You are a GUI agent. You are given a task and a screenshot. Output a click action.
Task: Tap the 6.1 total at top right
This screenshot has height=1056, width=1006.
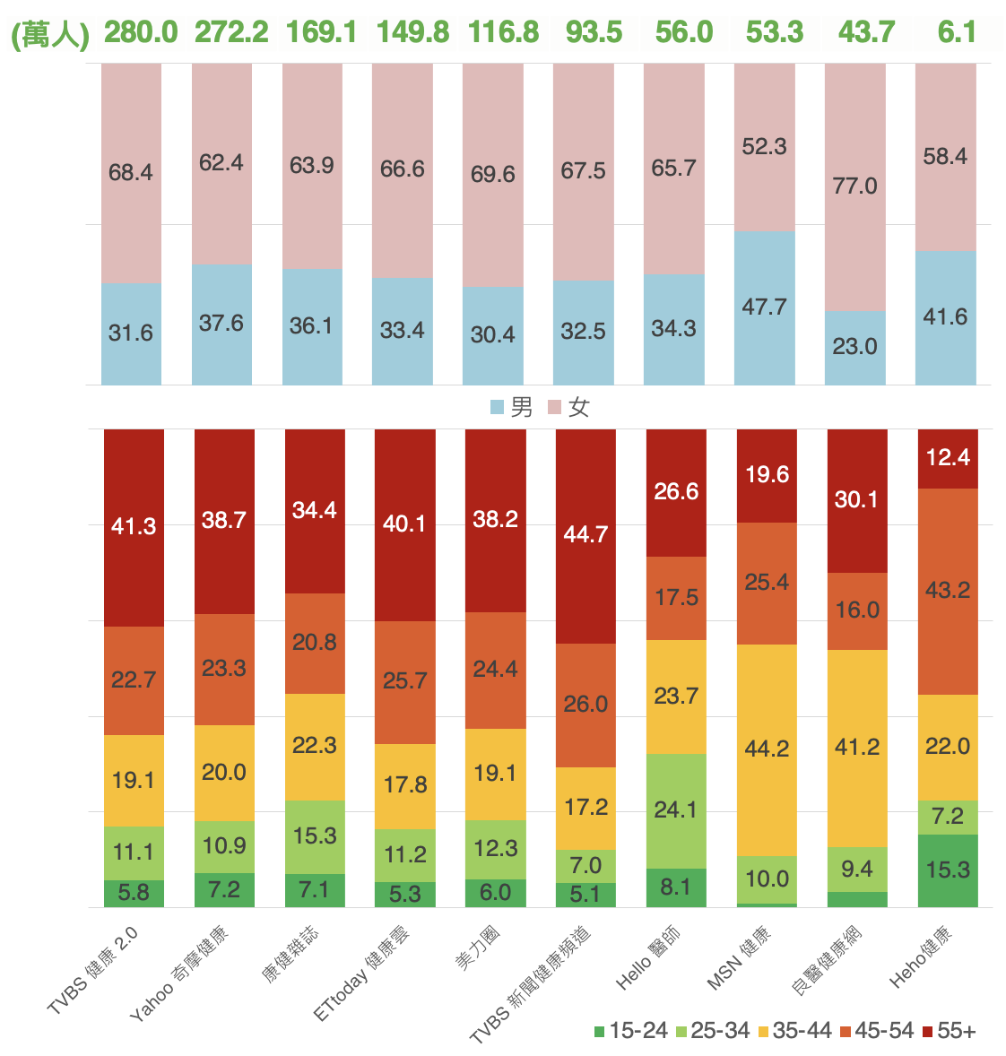(x=957, y=32)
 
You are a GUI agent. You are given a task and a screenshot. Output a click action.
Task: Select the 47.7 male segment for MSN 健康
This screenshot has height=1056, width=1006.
(x=764, y=307)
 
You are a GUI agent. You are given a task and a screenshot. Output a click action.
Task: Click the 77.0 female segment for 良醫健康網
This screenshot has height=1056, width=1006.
(x=854, y=186)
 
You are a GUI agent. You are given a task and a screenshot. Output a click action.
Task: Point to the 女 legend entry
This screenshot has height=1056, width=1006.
(x=569, y=408)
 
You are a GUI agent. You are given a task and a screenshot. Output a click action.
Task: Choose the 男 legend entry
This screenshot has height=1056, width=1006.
(x=512, y=408)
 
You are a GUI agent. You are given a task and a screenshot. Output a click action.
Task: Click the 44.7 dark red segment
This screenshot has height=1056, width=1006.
(x=585, y=535)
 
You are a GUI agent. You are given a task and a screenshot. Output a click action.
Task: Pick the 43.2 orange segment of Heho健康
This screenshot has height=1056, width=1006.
(x=948, y=591)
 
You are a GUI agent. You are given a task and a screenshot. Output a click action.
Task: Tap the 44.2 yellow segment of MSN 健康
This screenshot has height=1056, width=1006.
(x=767, y=749)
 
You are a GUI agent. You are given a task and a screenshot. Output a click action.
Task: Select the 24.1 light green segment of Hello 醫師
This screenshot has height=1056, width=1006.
(x=676, y=810)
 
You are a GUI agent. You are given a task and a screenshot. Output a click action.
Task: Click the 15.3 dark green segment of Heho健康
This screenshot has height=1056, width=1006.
(x=948, y=870)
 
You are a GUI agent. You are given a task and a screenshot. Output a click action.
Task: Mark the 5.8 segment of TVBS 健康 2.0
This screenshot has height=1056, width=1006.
(x=134, y=893)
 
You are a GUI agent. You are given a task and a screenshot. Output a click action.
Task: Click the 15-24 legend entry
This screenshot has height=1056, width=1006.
(x=630, y=1031)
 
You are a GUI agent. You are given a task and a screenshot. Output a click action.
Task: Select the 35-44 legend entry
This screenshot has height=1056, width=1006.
(x=794, y=1031)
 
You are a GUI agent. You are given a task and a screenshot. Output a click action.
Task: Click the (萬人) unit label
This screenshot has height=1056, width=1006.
(x=50, y=34)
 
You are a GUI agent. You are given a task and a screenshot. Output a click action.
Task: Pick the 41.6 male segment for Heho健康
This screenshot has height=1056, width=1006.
(x=945, y=317)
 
